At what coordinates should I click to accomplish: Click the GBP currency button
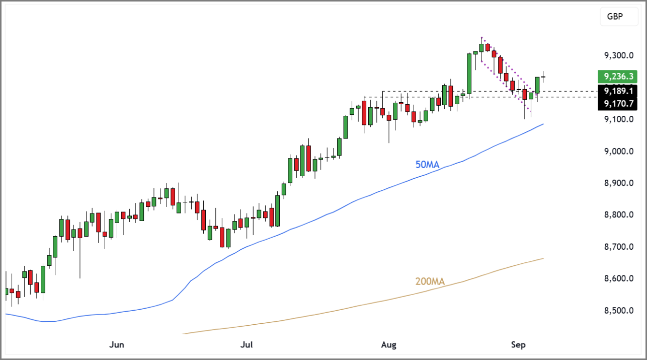click(x=615, y=17)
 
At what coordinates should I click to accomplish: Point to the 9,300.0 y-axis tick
click(x=619, y=55)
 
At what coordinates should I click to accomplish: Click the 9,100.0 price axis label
click(x=619, y=119)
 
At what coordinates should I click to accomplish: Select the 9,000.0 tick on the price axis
click(x=619, y=152)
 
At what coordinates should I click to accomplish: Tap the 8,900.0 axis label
click(x=619, y=183)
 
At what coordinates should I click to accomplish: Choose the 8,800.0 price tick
click(x=619, y=215)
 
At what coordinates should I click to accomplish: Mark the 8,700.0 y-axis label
click(x=619, y=247)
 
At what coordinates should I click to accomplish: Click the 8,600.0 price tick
click(x=619, y=278)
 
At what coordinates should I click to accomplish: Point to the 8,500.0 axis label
click(x=619, y=311)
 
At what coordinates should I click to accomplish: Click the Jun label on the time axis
click(x=116, y=345)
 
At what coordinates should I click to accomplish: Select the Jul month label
click(x=247, y=345)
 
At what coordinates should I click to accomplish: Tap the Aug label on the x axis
click(x=389, y=345)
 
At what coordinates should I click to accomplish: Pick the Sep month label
click(x=518, y=345)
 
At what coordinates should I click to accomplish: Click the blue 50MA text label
click(x=428, y=164)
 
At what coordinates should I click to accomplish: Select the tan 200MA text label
click(x=430, y=282)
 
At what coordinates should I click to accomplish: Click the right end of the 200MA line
click(x=543, y=258)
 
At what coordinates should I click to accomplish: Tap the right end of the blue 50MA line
click(x=543, y=124)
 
